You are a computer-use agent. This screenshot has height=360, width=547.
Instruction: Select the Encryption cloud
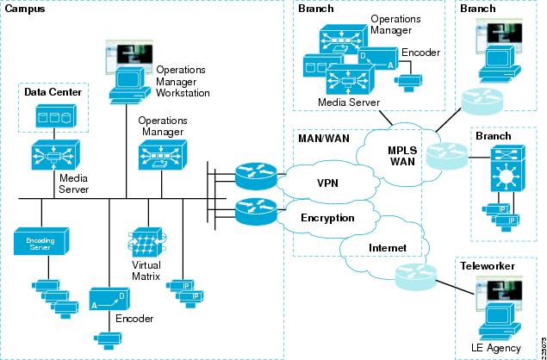[x=327, y=218]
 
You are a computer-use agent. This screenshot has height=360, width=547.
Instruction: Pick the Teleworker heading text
[x=487, y=267]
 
